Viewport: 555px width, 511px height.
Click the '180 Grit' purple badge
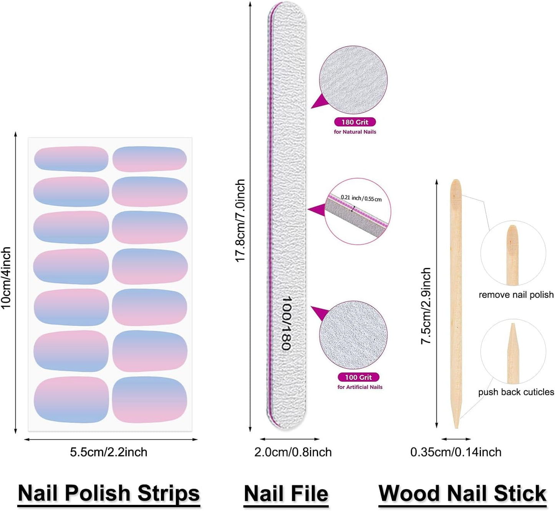355,122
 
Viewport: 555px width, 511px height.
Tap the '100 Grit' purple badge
358,377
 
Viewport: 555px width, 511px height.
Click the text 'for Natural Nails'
355,132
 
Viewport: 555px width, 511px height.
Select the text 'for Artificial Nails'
360,387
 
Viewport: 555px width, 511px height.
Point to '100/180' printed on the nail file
286,323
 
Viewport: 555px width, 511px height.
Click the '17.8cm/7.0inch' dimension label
240,221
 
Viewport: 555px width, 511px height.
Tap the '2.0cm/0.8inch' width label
293,452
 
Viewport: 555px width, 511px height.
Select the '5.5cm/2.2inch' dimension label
109,452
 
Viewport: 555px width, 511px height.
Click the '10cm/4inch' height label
6,278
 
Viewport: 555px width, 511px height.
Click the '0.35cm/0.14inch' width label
456,452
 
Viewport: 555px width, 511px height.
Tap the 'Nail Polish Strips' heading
109,493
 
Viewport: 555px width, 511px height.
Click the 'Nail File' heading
286,494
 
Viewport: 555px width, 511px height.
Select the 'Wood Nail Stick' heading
462,494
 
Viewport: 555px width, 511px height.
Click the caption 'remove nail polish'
516,295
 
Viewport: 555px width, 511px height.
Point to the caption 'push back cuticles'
516,392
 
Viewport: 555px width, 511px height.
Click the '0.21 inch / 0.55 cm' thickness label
361,198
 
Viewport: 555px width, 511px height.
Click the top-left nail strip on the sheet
71,159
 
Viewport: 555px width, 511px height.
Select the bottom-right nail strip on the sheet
149,399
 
